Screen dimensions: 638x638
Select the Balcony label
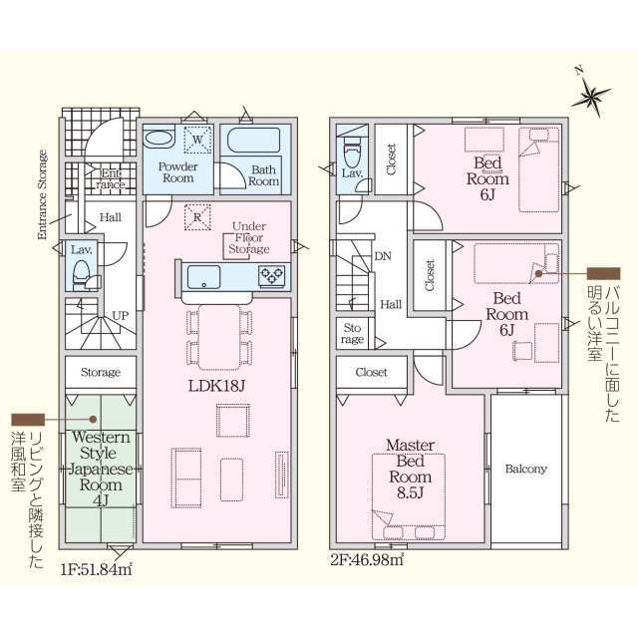tap(524, 469)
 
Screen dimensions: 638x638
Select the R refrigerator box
tap(196, 216)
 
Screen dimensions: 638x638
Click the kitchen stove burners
tap(272, 274)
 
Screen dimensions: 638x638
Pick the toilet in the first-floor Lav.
tap(82, 272)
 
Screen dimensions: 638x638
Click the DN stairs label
tap(383, 257)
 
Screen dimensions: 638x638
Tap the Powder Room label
tap(177, 171)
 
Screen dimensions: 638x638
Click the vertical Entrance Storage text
tap(42, 195)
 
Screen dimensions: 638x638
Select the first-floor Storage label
tap(100, 373)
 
